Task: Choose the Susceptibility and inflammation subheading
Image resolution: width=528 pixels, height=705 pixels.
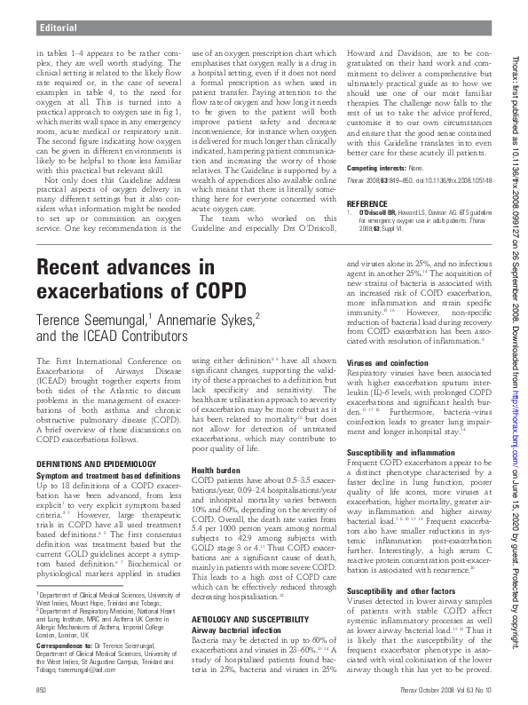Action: (x=404, y=453)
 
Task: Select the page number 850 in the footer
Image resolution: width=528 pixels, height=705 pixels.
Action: (x=41, y=690)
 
